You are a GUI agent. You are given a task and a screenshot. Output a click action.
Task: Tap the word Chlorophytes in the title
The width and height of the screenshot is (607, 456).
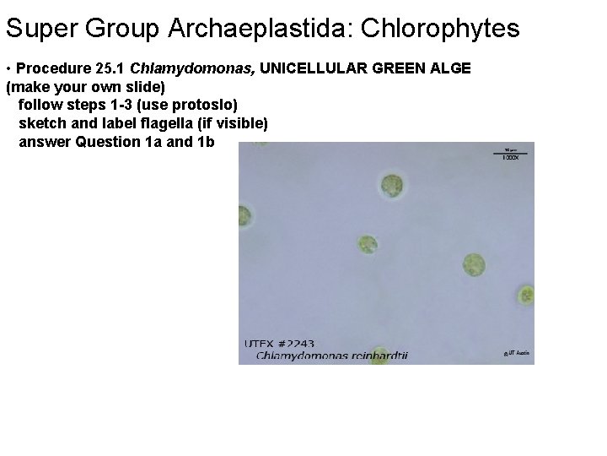click(441, 30)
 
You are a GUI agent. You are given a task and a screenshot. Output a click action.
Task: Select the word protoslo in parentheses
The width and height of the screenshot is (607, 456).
click(206, 105)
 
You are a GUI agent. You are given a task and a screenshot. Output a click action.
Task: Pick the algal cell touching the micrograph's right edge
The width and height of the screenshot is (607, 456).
click(526, 296)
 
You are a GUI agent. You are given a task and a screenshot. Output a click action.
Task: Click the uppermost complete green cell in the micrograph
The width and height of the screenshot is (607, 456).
click(392, 185)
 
